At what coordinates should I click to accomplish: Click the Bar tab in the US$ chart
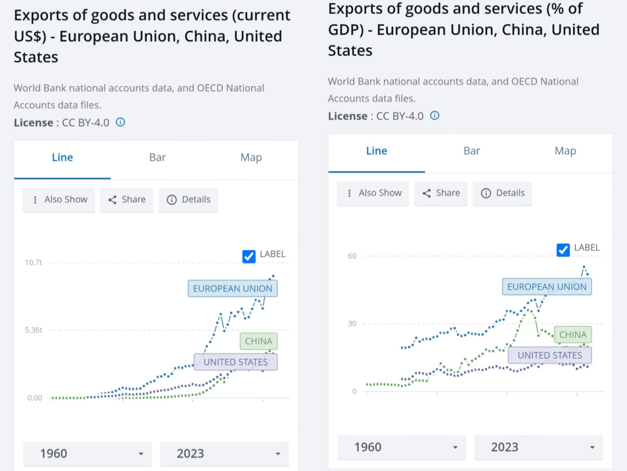pos(157,157)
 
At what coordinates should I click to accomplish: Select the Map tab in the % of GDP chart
pos(565,151)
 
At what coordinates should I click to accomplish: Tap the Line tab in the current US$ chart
pos(62,157)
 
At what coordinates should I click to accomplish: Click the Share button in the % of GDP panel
pos(441,193)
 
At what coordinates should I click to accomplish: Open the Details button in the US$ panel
pos(188,200)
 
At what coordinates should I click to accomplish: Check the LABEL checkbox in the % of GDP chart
pos(563,250)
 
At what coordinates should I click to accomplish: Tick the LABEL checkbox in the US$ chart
pos(249,257)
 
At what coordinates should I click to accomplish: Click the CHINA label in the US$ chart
pos(258,341)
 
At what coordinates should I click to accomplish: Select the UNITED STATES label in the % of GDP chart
pos(550,355)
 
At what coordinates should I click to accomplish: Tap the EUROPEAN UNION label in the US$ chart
pos(232,289)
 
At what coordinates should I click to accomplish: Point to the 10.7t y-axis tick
pos(34,263)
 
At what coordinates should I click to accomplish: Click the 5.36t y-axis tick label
pos(34,330)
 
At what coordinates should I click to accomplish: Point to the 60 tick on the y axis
pos(352,256)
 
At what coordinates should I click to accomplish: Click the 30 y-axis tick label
pos(352,324)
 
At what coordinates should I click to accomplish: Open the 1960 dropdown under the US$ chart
pos(88,454)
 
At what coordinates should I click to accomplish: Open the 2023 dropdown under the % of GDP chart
pos(538,447)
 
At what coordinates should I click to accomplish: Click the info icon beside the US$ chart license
pos(121,122)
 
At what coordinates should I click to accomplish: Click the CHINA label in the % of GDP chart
pos(573,335)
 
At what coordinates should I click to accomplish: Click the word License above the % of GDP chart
pos(348,116)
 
